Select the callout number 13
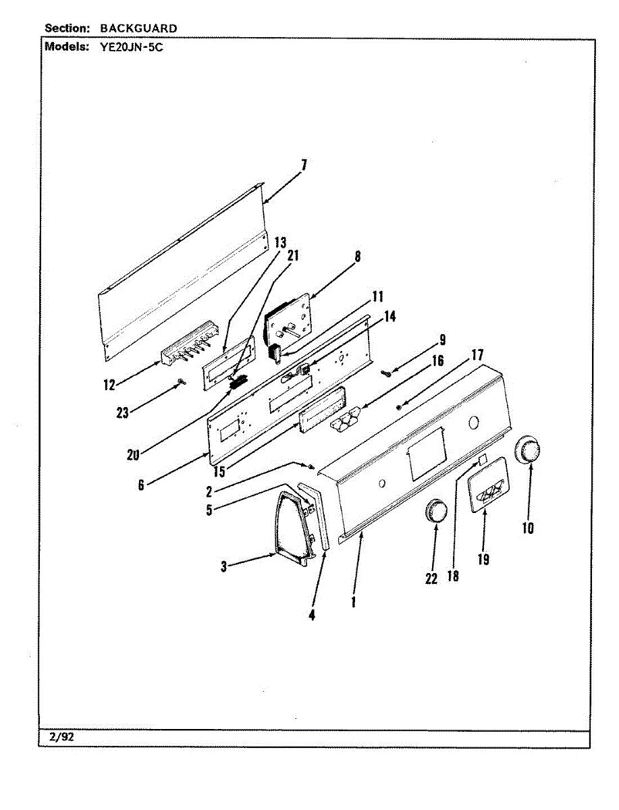(x=280, y=242)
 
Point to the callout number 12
(x=109, y=385)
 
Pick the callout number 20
(x=132, y=455)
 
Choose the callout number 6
(x=140, y=485)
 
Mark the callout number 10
(x=528, y=528)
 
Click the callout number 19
(x=483, y=559)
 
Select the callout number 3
(x=223, y=567)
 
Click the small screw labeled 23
(x=181, y=383)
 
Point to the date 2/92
(x=61, y=737)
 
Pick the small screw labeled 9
(x=385, y=372)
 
